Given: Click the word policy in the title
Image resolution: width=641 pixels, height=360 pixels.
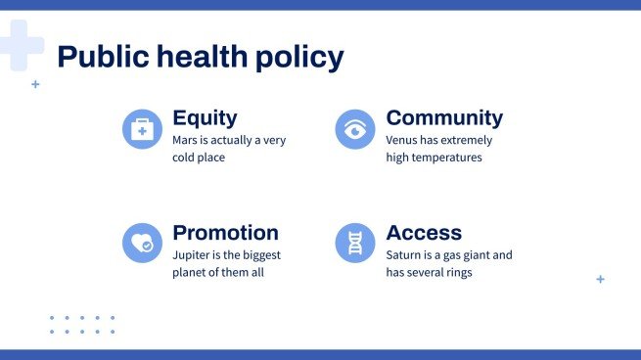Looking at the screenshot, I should click(x=300, y=58).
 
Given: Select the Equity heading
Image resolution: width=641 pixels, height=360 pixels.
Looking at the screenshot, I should click(x=205, y=118).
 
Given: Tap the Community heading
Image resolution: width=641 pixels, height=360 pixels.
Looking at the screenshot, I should click(x=444, y=118).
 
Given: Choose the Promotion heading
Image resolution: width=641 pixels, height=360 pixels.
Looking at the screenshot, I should click(x=225, y=233).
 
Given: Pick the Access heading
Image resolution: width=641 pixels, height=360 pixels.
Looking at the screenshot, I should click(x=424, y=233).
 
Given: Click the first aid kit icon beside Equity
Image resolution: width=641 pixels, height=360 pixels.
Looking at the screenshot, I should click(x=142, y=129).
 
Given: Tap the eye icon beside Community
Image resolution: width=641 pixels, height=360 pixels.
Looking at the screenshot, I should click(x=355, y=129).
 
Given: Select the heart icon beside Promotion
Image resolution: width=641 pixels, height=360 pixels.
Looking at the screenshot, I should click(x=142, y=244).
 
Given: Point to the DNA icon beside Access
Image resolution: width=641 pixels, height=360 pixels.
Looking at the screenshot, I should click(x=355, y=244).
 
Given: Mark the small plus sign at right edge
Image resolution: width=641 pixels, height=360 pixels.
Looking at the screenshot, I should click(x=600, y=279).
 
